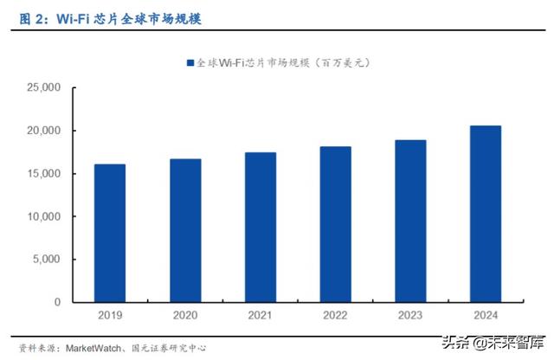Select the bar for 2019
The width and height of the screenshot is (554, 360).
110,234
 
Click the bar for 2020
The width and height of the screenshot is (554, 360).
185,231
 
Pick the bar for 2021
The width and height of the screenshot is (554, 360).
261,228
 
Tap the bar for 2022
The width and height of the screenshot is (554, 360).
336,225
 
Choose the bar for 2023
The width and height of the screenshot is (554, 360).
410,222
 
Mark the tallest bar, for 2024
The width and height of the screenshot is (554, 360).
486,215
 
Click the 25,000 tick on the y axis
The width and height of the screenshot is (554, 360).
43,88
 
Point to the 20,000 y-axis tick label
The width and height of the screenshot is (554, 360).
43,131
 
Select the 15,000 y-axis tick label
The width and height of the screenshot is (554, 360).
43,174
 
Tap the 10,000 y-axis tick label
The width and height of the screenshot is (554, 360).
43,216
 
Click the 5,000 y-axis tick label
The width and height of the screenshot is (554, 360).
46,260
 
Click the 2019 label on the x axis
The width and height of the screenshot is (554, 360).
110,316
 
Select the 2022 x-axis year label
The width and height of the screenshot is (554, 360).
336,316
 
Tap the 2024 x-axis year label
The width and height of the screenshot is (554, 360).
486,316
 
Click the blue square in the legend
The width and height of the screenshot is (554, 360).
190,63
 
